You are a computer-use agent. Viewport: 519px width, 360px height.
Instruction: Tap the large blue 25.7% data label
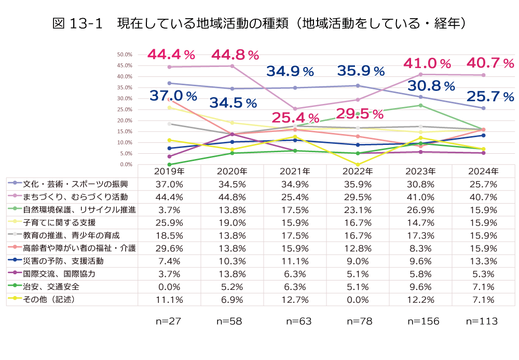tap(489, 96)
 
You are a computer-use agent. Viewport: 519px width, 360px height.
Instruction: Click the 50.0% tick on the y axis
tap(126, 55)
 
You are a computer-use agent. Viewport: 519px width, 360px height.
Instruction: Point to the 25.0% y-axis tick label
tap(126, 110)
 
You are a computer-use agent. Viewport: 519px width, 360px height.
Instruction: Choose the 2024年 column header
tap(483, 171)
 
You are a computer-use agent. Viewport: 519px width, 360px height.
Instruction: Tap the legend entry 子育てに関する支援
tap(63, 222)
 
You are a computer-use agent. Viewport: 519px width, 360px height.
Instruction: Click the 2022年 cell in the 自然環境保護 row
tap(358, 210)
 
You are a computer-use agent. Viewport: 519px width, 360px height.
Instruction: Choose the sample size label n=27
tap(169, 322)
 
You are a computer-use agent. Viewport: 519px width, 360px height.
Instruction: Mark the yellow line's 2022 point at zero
tap(358, 165)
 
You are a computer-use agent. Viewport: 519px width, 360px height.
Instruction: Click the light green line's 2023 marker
tap(420, 105)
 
